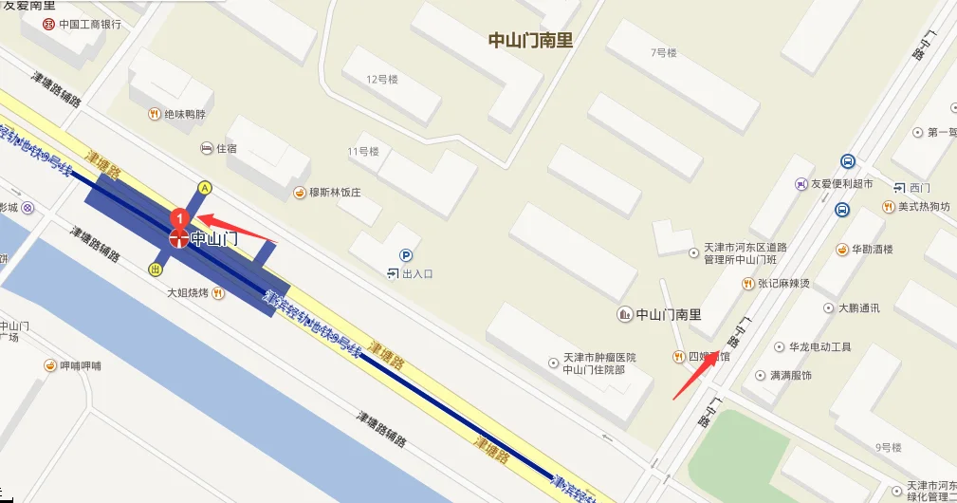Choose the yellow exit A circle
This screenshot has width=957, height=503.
point(204,187)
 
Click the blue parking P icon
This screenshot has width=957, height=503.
point(406,254)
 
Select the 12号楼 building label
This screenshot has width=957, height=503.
point(382,80)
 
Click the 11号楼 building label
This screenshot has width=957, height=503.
point(363,152)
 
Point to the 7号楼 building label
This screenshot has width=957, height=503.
point(664,53)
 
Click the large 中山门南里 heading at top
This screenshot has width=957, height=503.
point(530,41)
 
